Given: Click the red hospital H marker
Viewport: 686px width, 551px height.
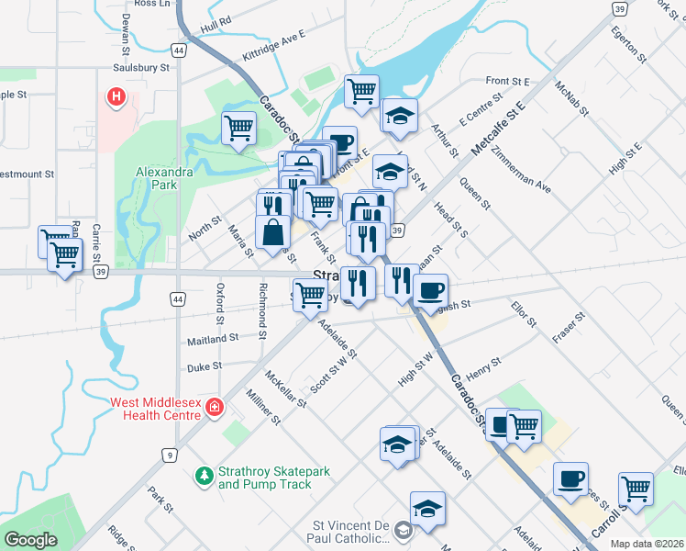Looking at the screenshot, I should click(116, 96).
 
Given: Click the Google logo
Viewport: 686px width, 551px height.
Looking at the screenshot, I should click(31, 540).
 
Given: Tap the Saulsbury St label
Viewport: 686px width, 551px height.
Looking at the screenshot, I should click(141, 67).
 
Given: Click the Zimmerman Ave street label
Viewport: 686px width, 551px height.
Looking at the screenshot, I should click(520, 169).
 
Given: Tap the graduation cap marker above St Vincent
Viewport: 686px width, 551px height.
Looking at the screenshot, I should click(428, 508).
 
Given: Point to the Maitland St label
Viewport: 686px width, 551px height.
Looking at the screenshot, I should click(212, 338).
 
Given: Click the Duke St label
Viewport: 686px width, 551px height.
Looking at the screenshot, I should click(205, 365).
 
